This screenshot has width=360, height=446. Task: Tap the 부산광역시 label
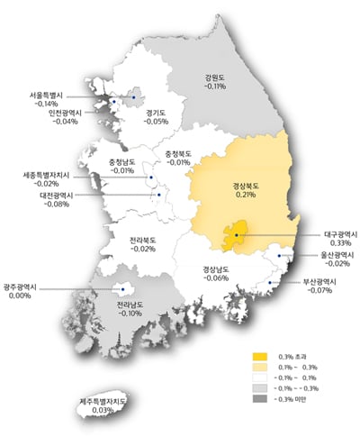(320, 282)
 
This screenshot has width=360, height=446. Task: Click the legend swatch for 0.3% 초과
(262, 356)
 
